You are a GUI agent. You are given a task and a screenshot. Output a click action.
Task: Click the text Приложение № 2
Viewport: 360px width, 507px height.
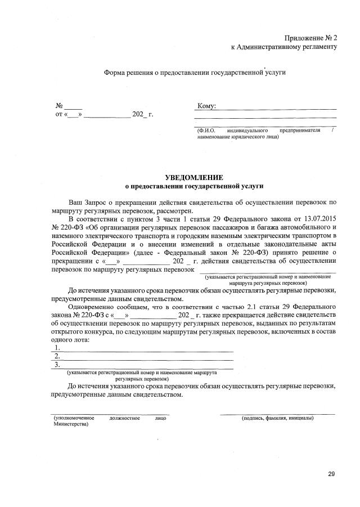pyautogui.click(x=309, y=37)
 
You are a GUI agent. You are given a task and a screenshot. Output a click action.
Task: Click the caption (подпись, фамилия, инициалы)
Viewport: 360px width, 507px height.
pyautogui.click(x=277, y=419)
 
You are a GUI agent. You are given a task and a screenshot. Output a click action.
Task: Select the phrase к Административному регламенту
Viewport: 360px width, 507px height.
pyautogui.click(x=284, y=47)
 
